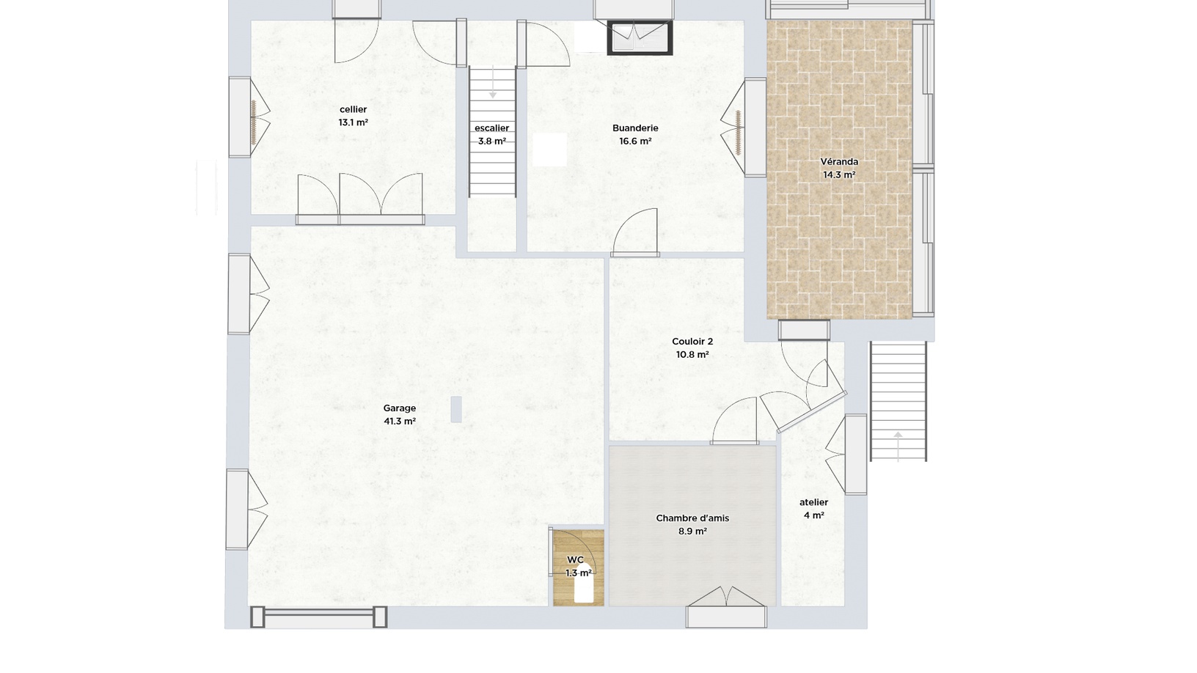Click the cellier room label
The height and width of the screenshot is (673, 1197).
tap(353, 109)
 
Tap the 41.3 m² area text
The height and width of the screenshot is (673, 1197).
tap(400, 422)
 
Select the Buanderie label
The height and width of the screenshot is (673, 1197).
tap(635, 128)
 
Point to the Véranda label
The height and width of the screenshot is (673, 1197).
tap(839, 161)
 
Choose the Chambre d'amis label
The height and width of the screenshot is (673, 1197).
tap(692, 518)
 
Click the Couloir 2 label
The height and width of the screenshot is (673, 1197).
tap(692, 342)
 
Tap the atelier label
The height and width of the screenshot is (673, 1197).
tap(813, 502)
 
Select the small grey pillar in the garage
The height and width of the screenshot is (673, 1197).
tap(456, 409)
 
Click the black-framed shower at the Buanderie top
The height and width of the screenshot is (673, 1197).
tap(640, 37)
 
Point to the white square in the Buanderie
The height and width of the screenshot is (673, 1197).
tap(550, 150)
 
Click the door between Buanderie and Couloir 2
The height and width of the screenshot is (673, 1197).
tap(636, 238)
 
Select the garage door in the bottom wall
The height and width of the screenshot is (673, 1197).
tap(318, 617)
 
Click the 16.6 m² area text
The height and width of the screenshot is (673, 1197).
tap(635, 141)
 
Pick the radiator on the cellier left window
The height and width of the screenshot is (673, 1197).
tap(253, 121)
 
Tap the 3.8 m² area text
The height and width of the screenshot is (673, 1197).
tap(491, 141)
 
